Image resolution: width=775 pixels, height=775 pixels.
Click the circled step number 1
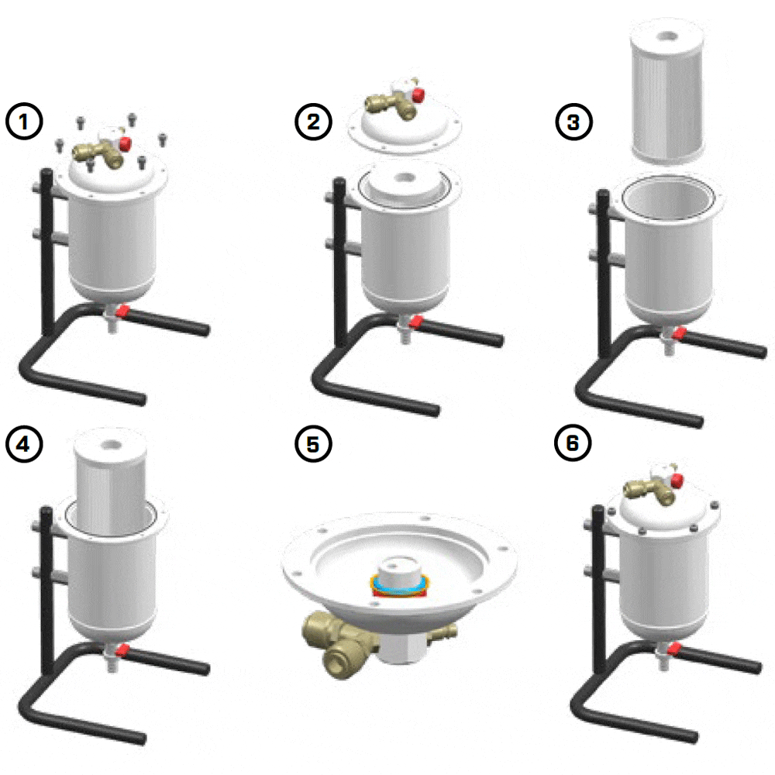click(x=24, y=122)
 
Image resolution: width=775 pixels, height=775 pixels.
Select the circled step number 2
click(x=313, y=122)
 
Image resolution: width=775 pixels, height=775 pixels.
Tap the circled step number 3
click(x=573, y=122)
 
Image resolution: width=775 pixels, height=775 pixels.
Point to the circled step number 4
click(x=24, y=444)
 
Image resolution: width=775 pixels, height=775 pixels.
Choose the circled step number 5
click(x=313, y=444)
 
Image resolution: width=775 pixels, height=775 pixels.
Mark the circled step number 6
click(x=573, y=443)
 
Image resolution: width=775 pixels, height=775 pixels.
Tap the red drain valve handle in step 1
click(x=122, y=311)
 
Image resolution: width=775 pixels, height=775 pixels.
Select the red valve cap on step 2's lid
click(x=418, y=95)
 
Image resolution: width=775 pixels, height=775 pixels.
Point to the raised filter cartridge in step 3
click(x=668, y=92)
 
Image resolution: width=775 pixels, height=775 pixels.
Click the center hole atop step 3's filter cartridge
click(x=668, y=36)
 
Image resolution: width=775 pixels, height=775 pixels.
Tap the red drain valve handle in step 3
click(x=679, y=333)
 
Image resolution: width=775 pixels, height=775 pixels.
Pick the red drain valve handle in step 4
click(x=122, y=649)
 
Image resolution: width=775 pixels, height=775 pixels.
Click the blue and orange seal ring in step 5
click(x=400, y=585)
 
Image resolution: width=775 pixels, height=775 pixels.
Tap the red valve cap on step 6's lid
click(x=677, y=480)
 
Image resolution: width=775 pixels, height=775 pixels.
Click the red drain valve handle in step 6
click(x=674, y=649)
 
